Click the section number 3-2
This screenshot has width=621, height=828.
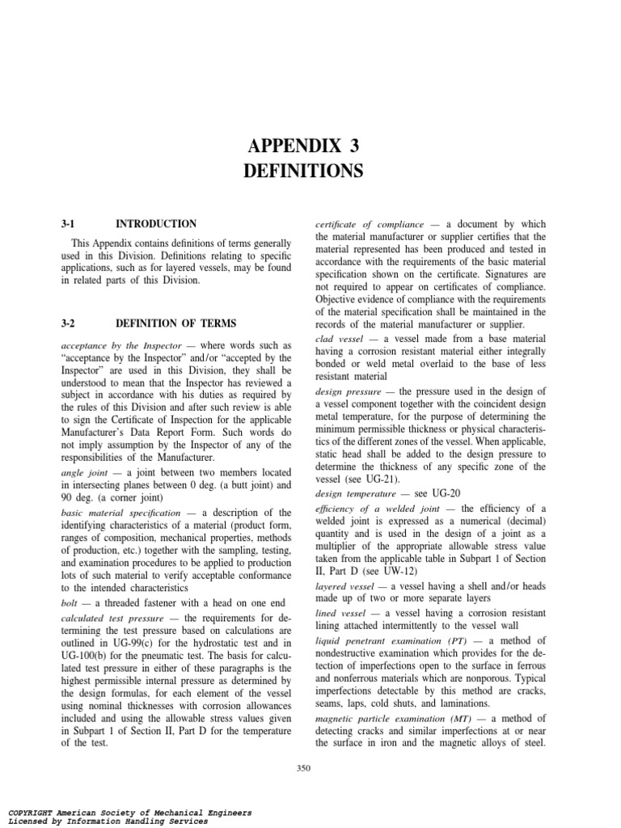(x=68, y=323)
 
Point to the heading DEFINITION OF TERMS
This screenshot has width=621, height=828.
(x=176, y=323)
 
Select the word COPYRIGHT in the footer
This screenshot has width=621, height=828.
(x=32, y=813)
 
